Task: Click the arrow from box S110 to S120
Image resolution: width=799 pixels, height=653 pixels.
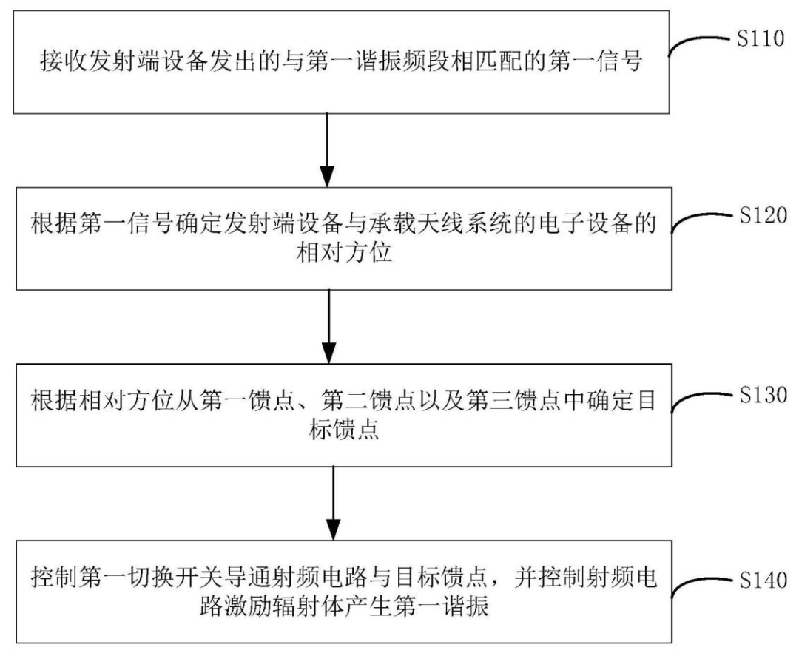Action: coord(327,149)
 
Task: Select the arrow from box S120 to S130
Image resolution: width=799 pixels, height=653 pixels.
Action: coord(329,327)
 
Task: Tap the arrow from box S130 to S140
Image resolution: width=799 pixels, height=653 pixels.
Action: coord(333,504)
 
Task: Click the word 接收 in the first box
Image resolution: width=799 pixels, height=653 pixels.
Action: coord(64,61)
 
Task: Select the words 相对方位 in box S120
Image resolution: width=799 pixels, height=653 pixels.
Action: coord(344,253)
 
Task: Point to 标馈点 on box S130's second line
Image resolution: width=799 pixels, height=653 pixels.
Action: coord(344,430)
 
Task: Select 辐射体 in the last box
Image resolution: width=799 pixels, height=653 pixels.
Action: coord(309,607)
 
